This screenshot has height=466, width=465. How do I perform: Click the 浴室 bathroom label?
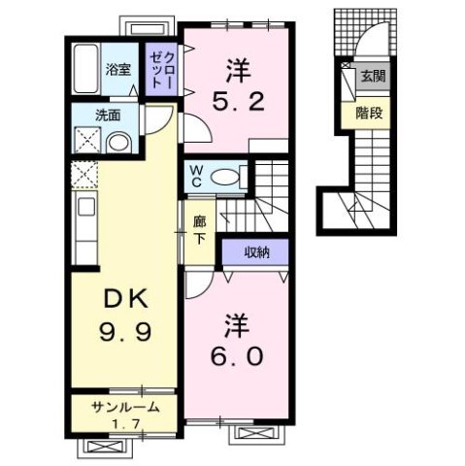(118, 69)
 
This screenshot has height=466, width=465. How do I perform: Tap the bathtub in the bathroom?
(87, 68)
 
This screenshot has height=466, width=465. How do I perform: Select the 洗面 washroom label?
(108, 114)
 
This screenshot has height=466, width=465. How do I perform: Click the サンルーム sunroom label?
(120, 406)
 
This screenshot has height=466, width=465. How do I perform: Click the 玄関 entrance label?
(371, 77)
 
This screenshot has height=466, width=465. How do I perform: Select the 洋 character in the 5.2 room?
(237, 69)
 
